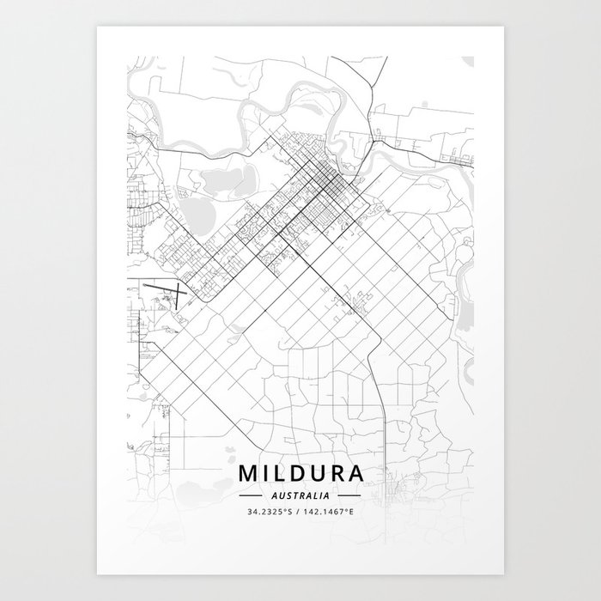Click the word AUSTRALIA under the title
300,496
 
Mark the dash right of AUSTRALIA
349,496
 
